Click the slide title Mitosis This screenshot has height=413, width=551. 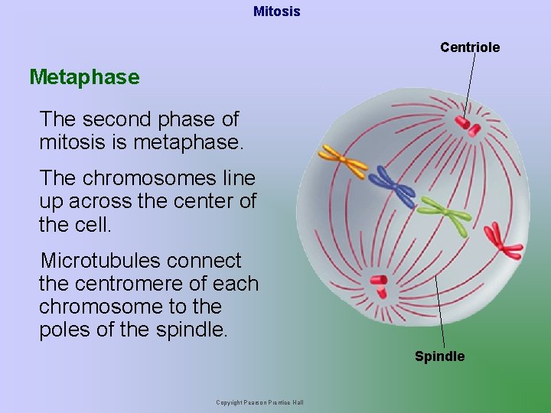[x=276, y=11]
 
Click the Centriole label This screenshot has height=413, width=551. [x=470, y=47]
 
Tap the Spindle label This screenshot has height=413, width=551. [x=439, y=356]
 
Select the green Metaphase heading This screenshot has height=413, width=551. [x=84, y=77]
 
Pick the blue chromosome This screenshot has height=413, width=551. [x=391, y=184]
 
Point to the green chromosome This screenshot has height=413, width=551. [x=445, y=215]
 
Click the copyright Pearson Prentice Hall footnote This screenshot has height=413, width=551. [x=259, y=403]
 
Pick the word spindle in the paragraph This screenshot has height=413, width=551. [x=194, y=330]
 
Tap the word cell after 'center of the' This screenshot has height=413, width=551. [x=94, y=226]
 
